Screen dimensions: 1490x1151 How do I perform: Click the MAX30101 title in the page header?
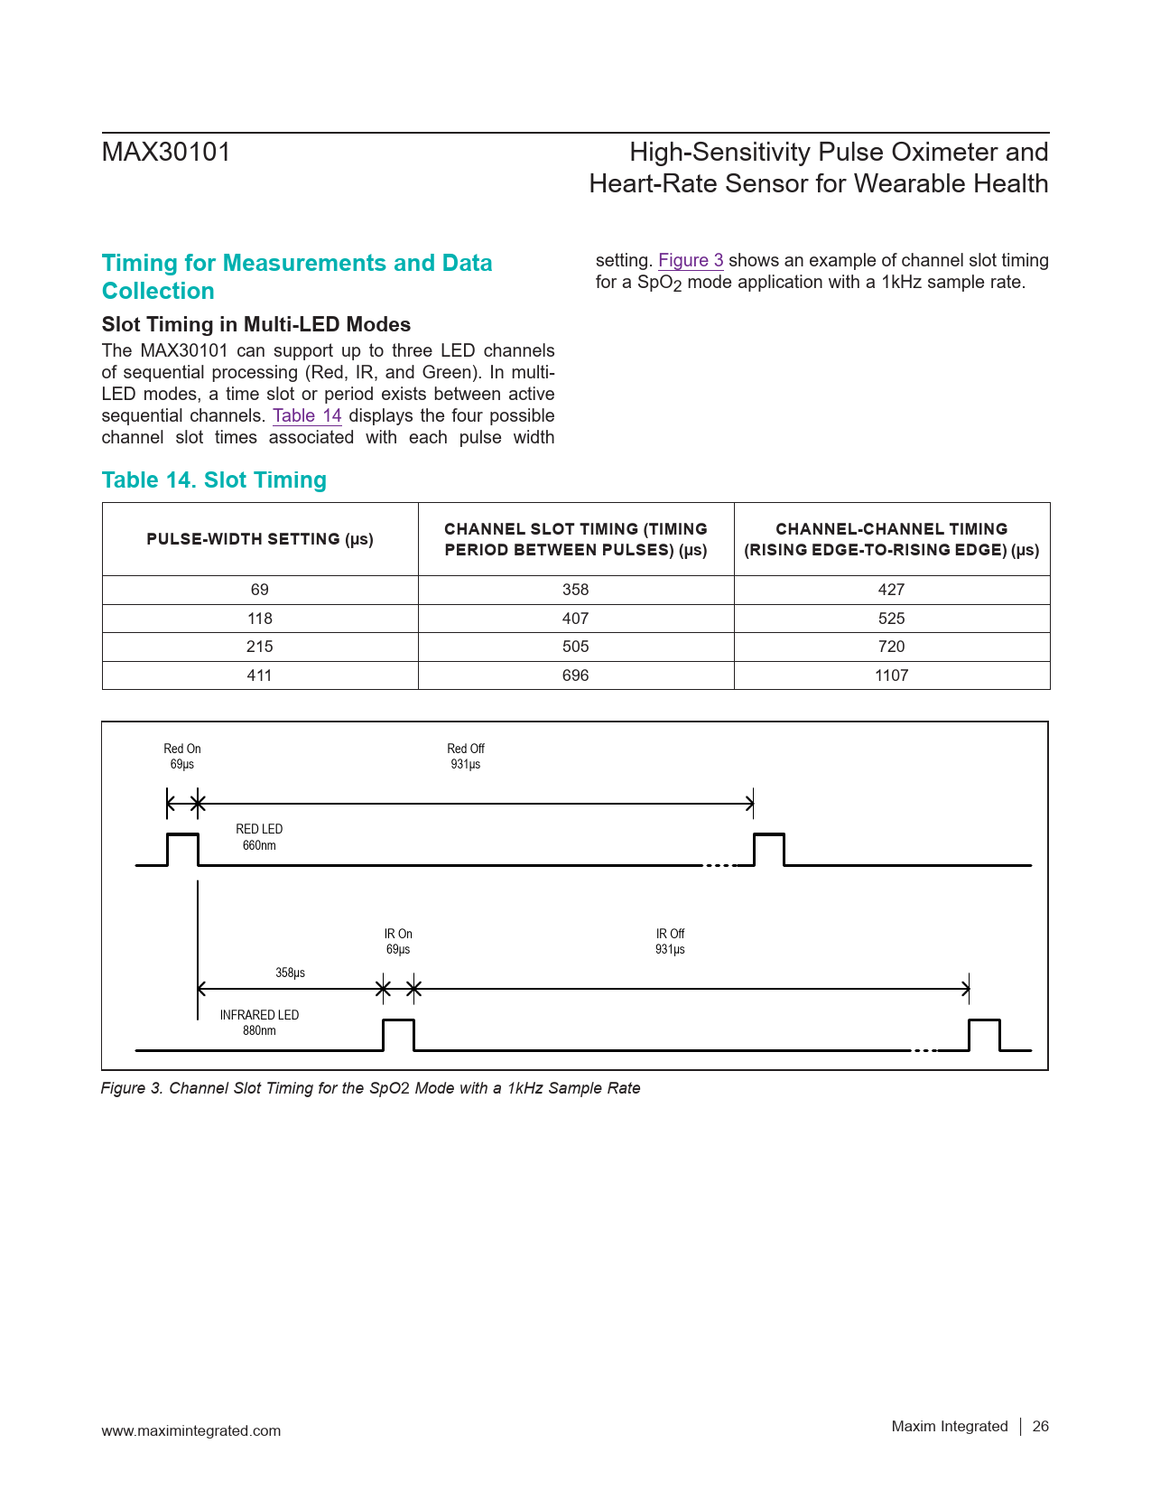click(166, 153)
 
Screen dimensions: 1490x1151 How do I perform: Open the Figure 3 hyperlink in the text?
click(691, 261)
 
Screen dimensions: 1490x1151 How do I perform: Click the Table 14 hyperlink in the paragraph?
click(307, 416)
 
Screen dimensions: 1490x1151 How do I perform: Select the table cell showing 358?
click(575, 590)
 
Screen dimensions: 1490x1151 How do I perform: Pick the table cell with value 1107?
click(891, 675)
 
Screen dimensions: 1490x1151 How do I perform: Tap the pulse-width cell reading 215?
click(260, 647)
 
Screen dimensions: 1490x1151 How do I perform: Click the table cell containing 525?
click(891, 619)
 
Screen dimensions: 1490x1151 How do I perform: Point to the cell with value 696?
click(575, 675)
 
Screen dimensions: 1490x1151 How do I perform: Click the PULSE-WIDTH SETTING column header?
click(260, 539)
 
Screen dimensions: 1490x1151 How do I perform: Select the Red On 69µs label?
click(182, 757)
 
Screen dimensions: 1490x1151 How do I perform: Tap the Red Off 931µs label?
click(466, 757)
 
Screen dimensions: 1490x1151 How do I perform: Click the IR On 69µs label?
click(398, 942)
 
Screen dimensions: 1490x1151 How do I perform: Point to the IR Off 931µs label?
click(670, 942)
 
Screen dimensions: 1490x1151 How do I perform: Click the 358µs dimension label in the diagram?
click(290, 973)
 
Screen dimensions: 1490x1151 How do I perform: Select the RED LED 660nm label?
click(259, 837)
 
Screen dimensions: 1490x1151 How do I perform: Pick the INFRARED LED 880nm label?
click(259, 1022)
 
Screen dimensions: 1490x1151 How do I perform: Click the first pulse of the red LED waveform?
click(182, 849)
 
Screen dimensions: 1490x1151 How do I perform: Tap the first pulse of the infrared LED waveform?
click(398, 1035)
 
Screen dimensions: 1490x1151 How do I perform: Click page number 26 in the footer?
click(1041, 1427)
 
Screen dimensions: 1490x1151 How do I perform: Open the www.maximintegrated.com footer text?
click(191, 1431)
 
